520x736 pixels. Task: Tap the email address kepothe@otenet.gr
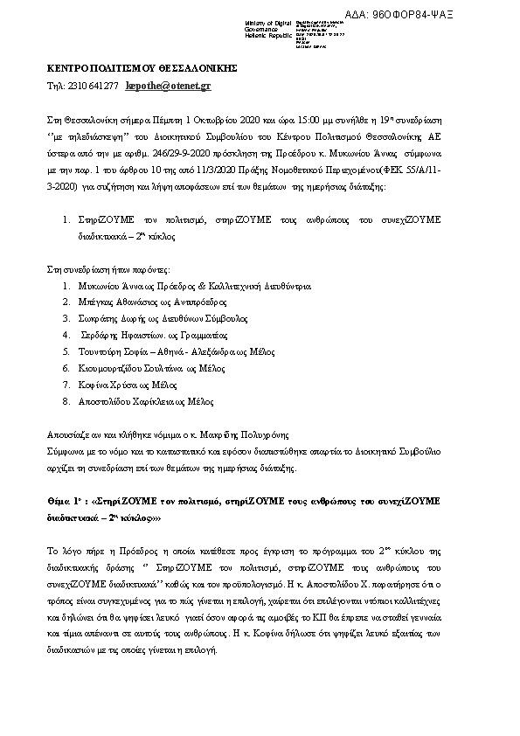[169, 87]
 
